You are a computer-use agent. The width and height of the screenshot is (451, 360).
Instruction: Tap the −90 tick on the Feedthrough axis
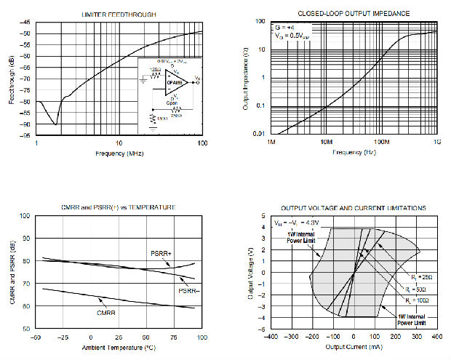pos(28,124)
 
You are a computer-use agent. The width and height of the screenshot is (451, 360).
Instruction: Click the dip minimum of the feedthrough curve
pos(56,124)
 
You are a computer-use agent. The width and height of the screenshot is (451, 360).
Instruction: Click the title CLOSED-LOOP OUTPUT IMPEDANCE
pos(354,14)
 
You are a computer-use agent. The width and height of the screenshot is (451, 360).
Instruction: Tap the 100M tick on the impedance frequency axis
pos(382,143)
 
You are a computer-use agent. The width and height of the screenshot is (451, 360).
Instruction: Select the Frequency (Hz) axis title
pos(354,153)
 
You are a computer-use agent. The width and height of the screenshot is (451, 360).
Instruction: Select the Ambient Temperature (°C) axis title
pos(119,347)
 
